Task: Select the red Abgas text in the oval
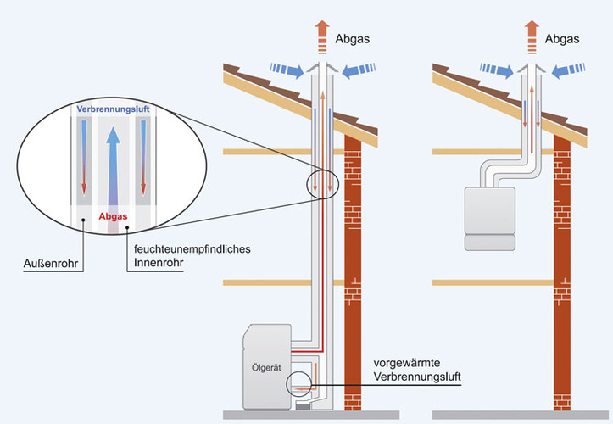click(x=114, y=216)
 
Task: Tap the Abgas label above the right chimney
click(x=564, y=38)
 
